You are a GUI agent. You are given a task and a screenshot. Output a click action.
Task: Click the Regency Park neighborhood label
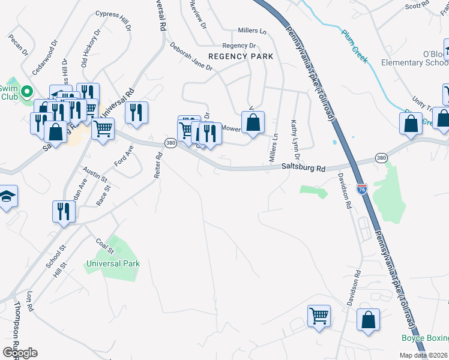click(240, 56)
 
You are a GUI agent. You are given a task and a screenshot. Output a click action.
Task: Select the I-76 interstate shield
click(361, 189)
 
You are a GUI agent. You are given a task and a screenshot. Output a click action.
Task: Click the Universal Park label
click(113, 263)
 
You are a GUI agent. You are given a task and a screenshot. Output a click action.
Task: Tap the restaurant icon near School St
click(64, 211)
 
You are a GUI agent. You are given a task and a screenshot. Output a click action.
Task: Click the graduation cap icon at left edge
click(8, 197)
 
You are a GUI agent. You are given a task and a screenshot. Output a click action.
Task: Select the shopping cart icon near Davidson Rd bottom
click(319, 315)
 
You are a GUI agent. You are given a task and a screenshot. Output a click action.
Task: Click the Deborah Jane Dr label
click(191, 56)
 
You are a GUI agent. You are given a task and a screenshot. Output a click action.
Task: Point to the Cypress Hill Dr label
click(113, 21)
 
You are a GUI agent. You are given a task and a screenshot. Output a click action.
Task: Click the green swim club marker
click(26, 92)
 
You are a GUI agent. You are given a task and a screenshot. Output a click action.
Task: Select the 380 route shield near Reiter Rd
click(171, 143)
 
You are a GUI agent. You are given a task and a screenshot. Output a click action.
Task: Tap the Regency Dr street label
click(239, 46)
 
